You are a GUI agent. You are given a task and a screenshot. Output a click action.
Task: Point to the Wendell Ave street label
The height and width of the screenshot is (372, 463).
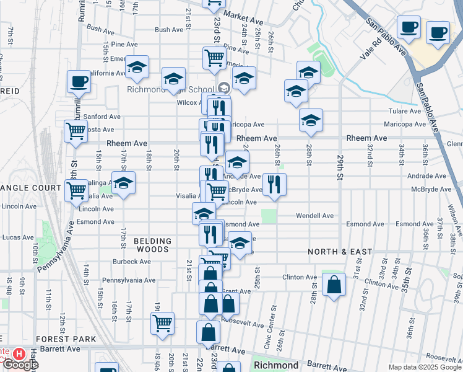coord(315,216)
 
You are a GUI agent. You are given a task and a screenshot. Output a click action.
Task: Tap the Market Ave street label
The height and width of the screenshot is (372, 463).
coord(239,15)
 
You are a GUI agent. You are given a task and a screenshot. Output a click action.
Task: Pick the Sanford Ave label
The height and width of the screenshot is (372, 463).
coord(102,117)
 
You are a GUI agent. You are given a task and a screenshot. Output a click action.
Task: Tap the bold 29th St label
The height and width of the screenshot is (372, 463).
coord(340,167)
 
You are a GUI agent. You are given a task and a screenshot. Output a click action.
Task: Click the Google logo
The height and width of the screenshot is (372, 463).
coord(20,365)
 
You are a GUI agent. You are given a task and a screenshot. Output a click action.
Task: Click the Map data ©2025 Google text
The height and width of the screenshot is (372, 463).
coord(424,367)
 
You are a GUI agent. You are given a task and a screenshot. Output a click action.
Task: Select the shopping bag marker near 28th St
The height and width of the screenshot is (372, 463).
coord(334,285)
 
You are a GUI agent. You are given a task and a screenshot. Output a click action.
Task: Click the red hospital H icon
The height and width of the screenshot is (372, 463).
coord(19,354)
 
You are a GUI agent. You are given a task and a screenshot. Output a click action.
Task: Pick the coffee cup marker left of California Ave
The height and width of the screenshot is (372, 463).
coord(79,81)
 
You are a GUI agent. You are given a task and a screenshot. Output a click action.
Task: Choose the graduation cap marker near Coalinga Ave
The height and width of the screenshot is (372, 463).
coord(123,184)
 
